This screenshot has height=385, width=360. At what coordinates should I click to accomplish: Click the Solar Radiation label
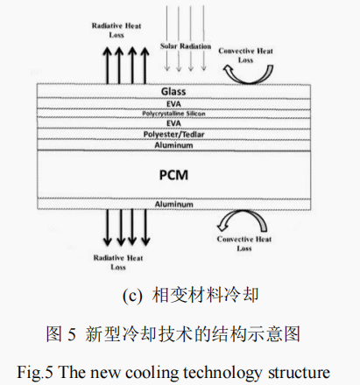[186, 45]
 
